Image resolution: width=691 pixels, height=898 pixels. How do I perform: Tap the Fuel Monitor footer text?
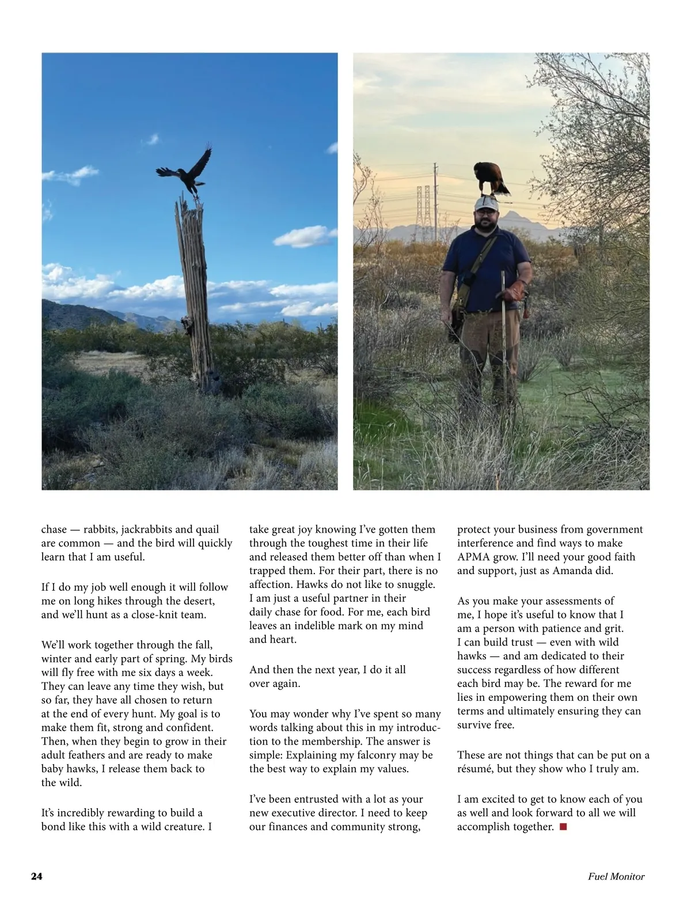pyautogui.click(x=616, y=877)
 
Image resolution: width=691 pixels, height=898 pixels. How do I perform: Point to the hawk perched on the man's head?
pyautogui.click(x=490, y=179)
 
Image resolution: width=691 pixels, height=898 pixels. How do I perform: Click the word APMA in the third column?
pyautogui.click(x=474, y=557)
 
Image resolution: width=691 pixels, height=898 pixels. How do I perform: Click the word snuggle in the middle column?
pyautogui.click(x=415, y=584)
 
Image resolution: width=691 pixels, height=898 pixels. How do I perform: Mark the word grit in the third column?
pyautogui.click(x=612, y=629)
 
